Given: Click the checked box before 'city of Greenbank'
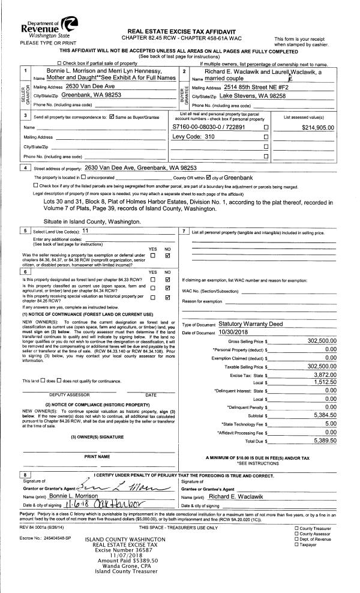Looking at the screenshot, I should click(x=208, y=178).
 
